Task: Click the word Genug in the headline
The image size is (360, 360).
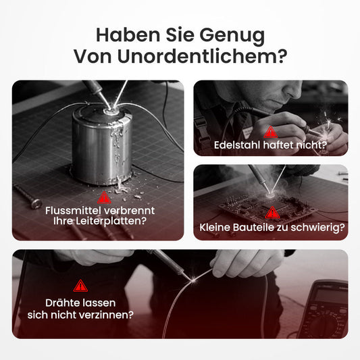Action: click(x=232, y=36)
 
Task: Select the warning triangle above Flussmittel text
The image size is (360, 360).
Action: click(x=104, y=197)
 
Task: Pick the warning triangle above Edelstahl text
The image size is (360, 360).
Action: click(x=270, y=132)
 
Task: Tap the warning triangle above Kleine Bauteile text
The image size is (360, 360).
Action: click(x=272, y=212)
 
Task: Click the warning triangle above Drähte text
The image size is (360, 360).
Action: click(x=80, y=286)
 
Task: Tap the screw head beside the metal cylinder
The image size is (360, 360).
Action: click(x=36, y=203)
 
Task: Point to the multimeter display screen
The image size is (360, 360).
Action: click(x=330, y=297)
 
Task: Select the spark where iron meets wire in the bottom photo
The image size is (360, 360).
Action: click(x=194, y=280)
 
